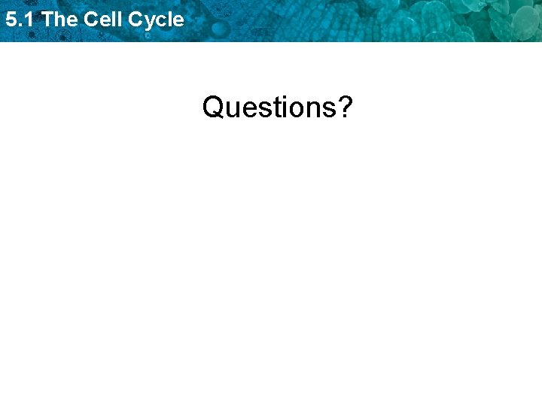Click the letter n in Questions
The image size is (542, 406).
[x=311, y=109]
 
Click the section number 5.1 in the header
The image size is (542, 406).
[x=20, y=20]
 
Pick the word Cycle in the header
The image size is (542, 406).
[x=156, y=20]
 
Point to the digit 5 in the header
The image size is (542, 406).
[x=11, y=20]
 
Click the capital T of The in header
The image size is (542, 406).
[x=48, y=20]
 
